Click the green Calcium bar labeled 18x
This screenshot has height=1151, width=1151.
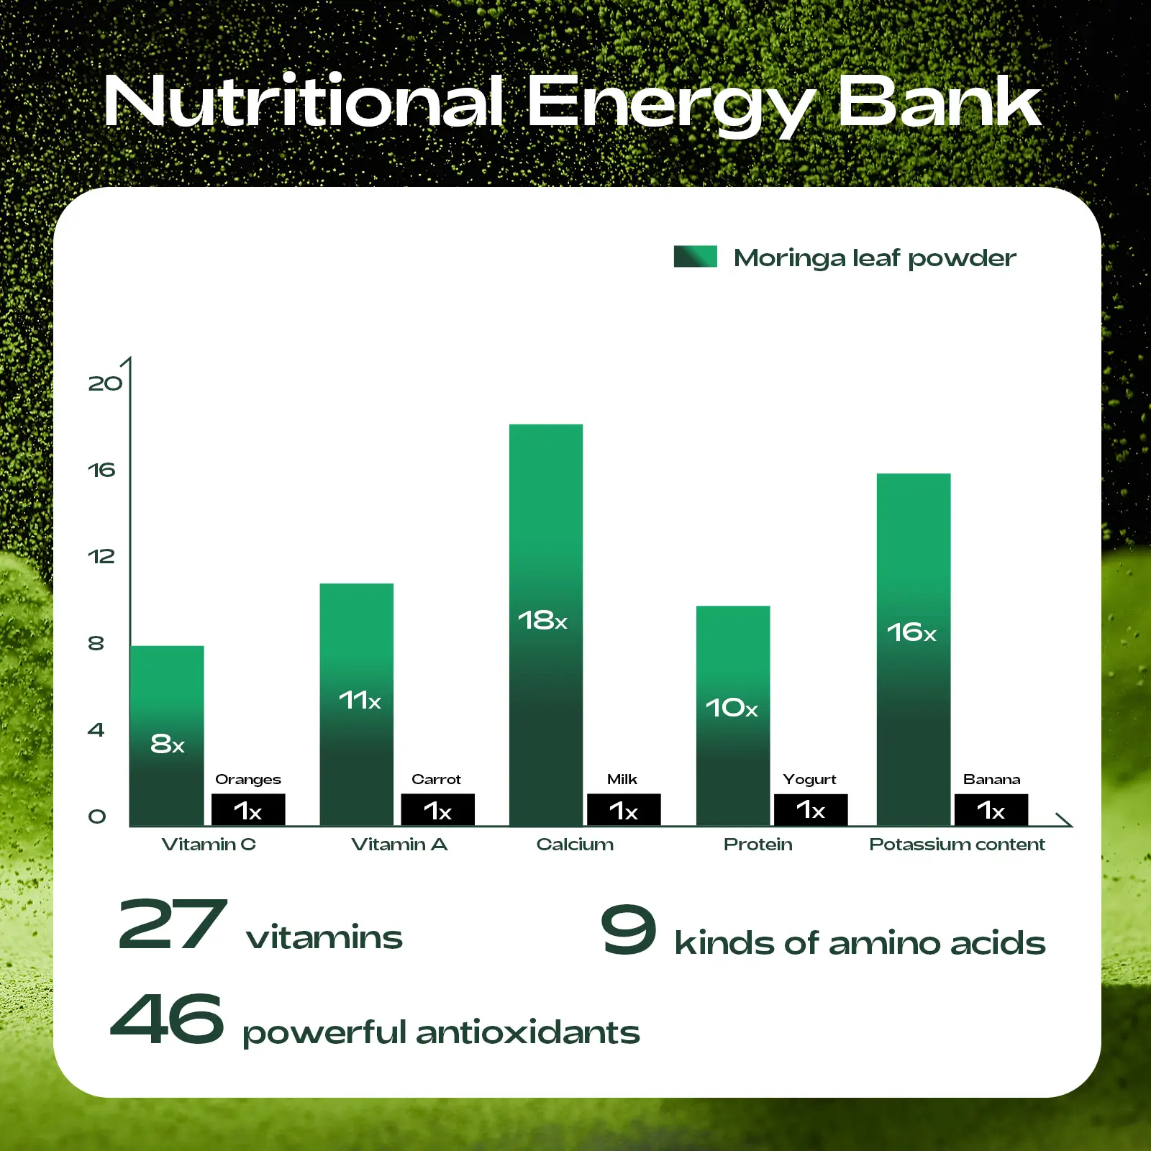[546, 624]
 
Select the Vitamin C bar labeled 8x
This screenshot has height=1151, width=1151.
[167, 735]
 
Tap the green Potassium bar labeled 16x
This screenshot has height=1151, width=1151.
[914, 649]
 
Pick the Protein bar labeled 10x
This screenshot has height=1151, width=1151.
[733, 715]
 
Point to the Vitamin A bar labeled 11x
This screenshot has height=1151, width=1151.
[357, 704]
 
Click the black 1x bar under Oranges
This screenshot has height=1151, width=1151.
[248, 809]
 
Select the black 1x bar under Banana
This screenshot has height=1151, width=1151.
[991, 809]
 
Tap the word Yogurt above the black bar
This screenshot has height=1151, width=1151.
[809, 780]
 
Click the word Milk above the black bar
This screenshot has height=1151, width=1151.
[622, 779]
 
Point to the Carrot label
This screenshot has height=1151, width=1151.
[436, 779]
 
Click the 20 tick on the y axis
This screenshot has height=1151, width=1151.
[105, 383]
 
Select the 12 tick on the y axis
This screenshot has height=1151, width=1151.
[101, 556]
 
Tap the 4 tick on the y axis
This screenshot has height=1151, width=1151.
[96, 729]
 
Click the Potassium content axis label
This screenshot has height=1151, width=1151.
[957, 844]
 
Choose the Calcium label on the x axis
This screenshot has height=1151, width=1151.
[575, 844]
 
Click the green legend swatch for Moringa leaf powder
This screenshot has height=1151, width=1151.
[696, 257]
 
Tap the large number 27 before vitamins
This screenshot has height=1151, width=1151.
[173, 924]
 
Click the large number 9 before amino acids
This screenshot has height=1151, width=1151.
[629, 929]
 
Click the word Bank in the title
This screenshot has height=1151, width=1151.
[940, 101]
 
